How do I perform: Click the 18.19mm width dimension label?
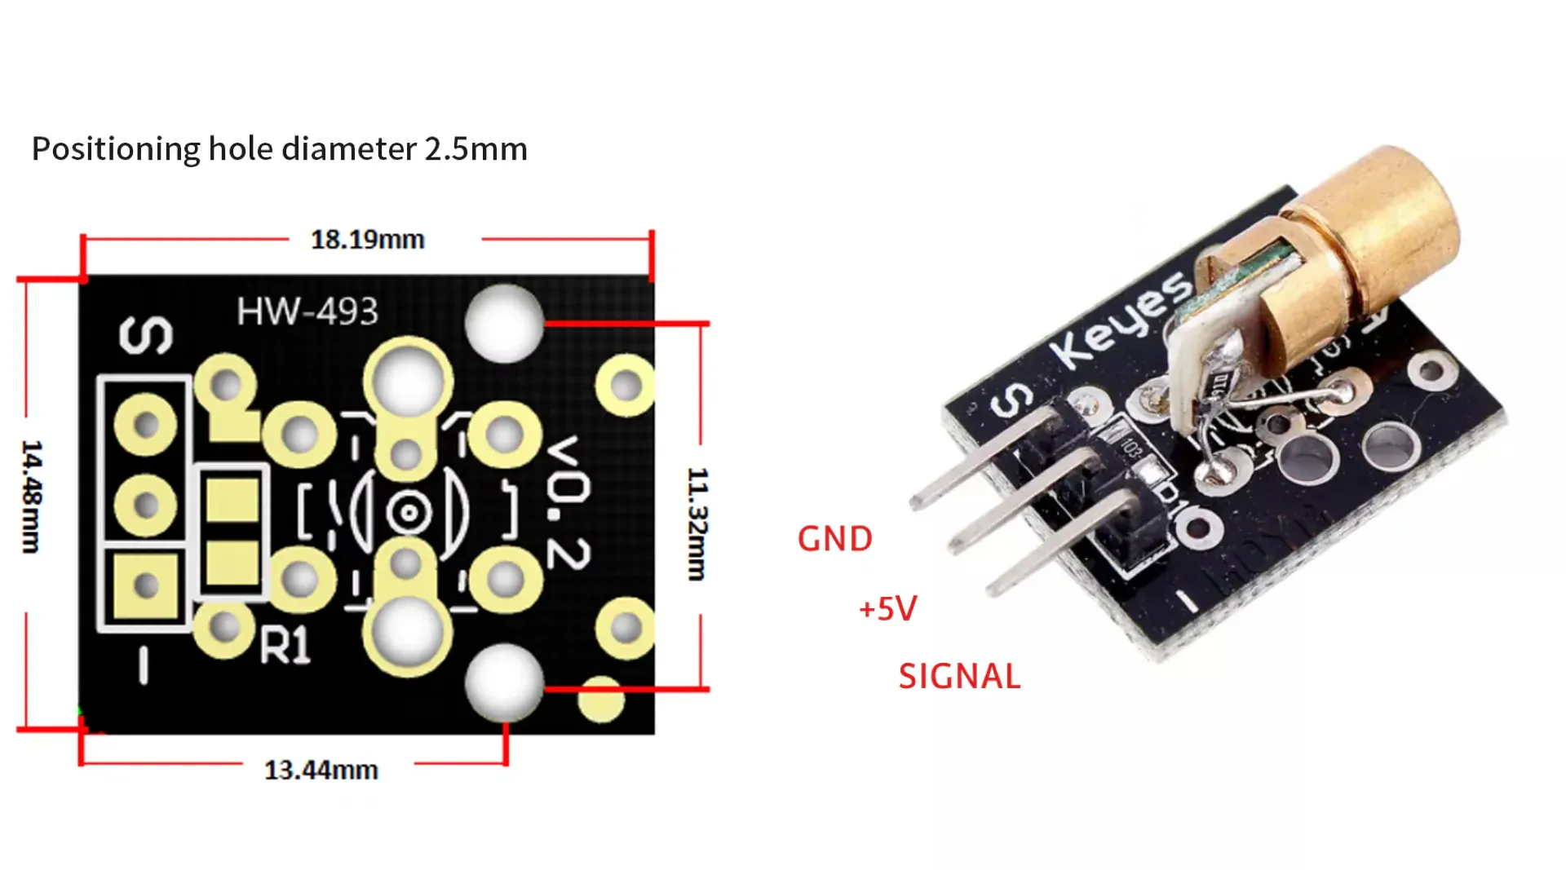[x=367, y=240]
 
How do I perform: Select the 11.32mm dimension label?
[x=697, y=523]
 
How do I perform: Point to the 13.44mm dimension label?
[x=321, y=770]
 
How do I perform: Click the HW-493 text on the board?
[x=307, y=311]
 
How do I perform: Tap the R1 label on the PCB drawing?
[x=285, y=646]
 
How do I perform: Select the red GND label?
[x=834, y=539]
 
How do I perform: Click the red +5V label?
[x=887, y=608]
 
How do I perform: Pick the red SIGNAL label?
[x=959, y=677]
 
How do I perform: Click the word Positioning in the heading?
[x=115, y=149]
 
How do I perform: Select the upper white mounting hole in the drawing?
[x=504, y=323]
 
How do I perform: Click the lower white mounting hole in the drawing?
[x=504, y=683]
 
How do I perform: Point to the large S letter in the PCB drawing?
[x=146, y=335]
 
